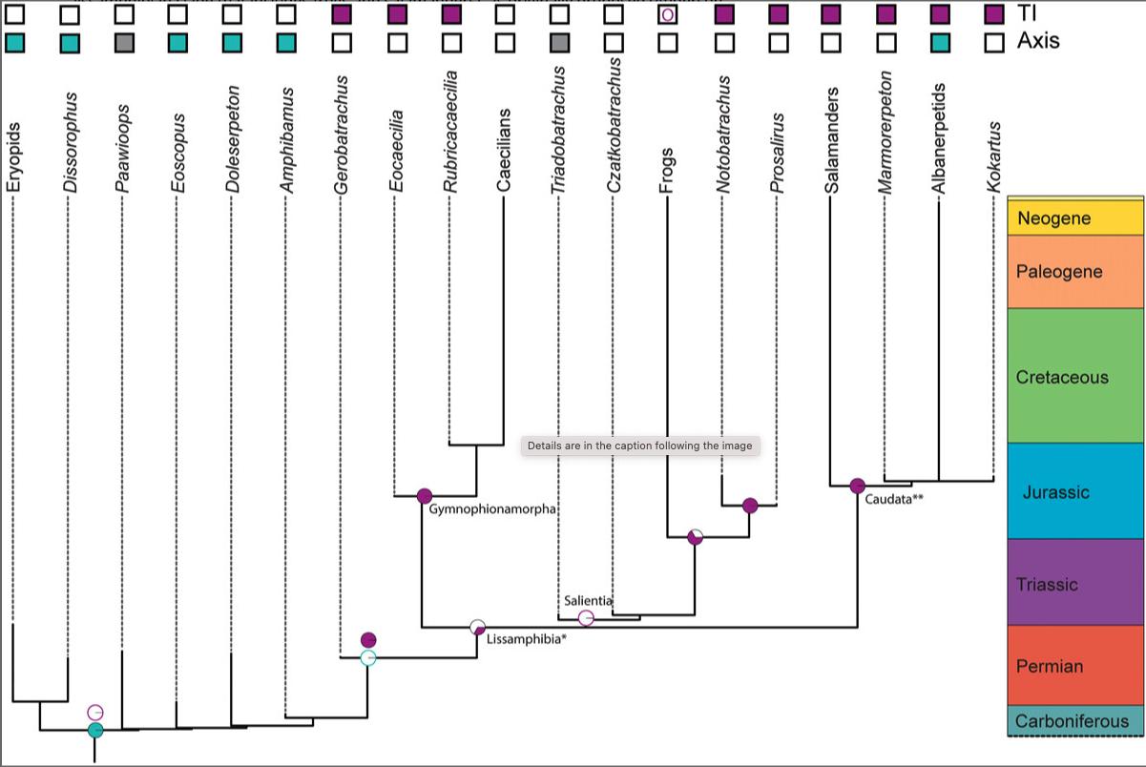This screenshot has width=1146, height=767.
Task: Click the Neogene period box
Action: click(x=1075, y=218)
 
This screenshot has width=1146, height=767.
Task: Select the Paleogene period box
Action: click(x=1075, y=272)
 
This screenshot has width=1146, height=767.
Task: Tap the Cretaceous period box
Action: click(x=1075, y=376)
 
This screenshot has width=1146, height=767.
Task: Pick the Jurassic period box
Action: click(x=1075, y=492)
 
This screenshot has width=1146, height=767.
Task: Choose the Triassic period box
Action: click(x=1075, y=583)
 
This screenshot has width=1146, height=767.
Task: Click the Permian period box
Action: click(x=1075, y=665)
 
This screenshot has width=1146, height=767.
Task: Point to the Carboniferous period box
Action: click(x=1075, y=721)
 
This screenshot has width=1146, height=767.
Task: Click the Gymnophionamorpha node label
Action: click(x=492, y=509)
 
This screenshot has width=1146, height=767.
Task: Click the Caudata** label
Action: click(x=894, y=498)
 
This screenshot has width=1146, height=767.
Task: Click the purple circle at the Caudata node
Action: click(x=857, y=487)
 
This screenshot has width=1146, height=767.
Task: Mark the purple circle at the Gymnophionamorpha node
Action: click(x=425, y=496)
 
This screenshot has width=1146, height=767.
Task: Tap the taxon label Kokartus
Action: click(x=994, y=156)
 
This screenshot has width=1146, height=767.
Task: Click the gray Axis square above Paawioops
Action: click(x=123, y=43)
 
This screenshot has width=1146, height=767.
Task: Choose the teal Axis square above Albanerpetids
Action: click(x=940, y=43)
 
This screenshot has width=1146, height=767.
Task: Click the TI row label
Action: click(x=1028, y=14)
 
